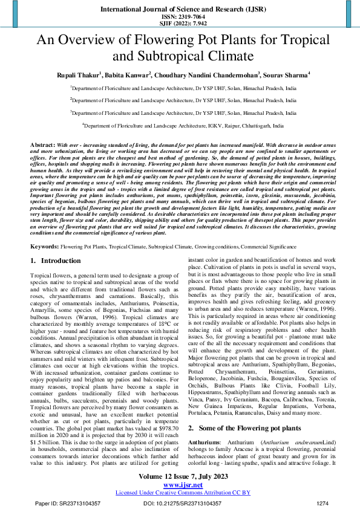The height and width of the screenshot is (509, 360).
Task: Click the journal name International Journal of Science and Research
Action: pyautogui.click(x=179, y=10)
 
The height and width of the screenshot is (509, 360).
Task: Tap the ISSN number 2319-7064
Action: pyautogui.click(x=180, y=18)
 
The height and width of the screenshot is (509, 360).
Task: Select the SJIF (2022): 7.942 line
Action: pyautogui.click(x=180, y=24)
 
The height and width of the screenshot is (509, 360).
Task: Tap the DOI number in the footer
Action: pyautogui.click(x=179, y=503)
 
